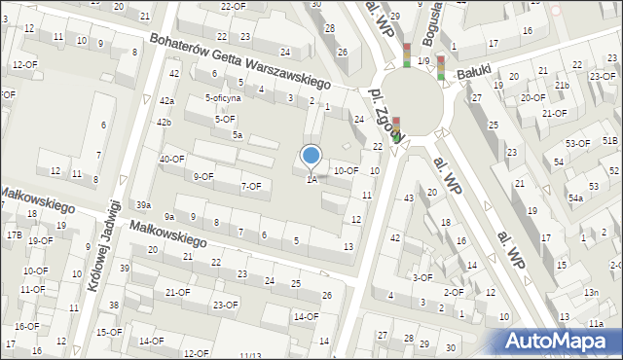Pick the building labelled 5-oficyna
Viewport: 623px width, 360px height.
tap(222, 98)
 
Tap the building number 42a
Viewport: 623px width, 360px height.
tap(167, 100)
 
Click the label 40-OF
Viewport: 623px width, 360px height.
tap(172, 159)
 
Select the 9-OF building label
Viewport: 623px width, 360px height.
tap(203, 176)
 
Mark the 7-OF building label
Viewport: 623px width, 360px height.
tap(251, 186)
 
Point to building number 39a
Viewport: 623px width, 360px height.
tap(143, 204)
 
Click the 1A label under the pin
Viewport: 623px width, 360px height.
tap(311, 179)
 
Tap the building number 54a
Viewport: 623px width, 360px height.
tap(575, 198)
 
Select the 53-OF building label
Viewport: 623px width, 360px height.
tap(577, 143)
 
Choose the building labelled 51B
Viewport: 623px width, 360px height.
tap(609, 141)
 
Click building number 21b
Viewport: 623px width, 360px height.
tap(562, 85)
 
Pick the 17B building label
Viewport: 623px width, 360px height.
tap(14, 235)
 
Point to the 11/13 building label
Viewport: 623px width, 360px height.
tap(250, 355)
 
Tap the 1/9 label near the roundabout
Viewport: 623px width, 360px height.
tap(423, 61)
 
